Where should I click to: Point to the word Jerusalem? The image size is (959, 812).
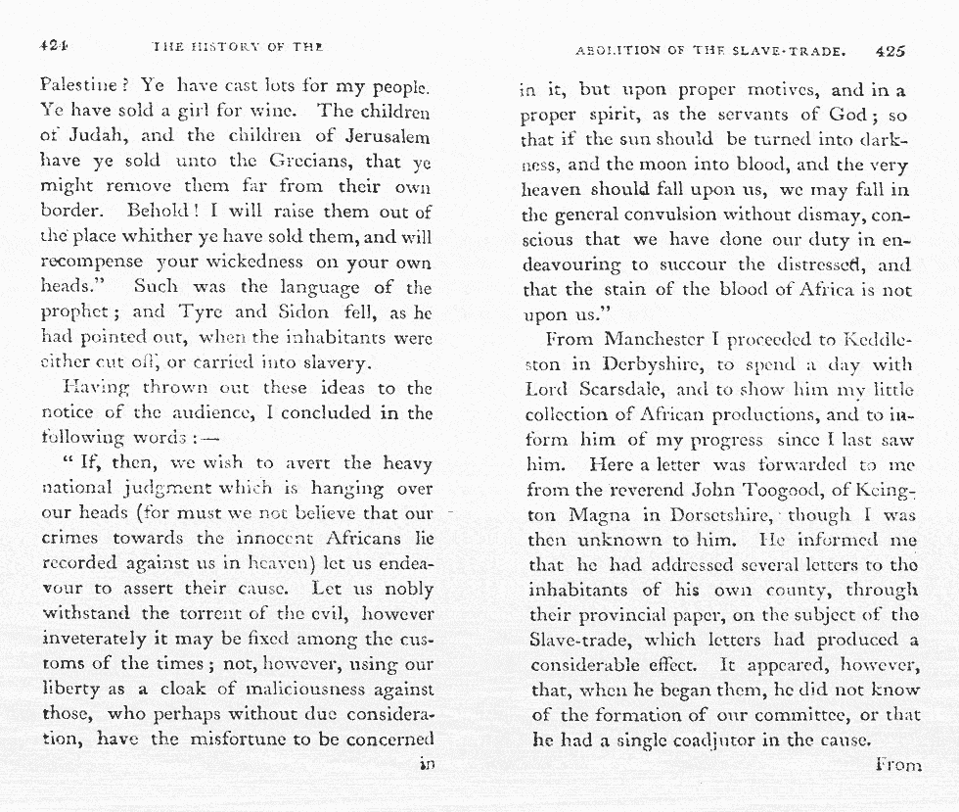click(x=378, y=136)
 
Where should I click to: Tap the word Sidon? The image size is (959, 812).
click(x=300, y=312)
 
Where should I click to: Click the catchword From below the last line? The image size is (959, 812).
click(x=897, y=765)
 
